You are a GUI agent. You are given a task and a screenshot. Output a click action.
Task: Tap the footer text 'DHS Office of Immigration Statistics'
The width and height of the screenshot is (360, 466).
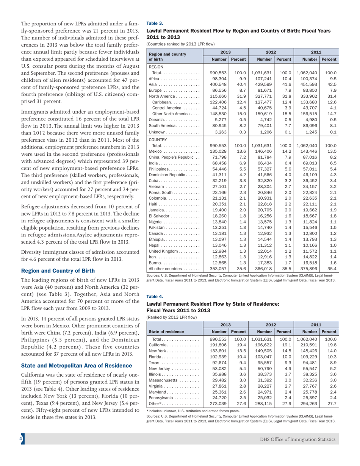point(297,450)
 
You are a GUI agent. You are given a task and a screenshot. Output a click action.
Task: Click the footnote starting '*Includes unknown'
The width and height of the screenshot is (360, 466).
point(193,410)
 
